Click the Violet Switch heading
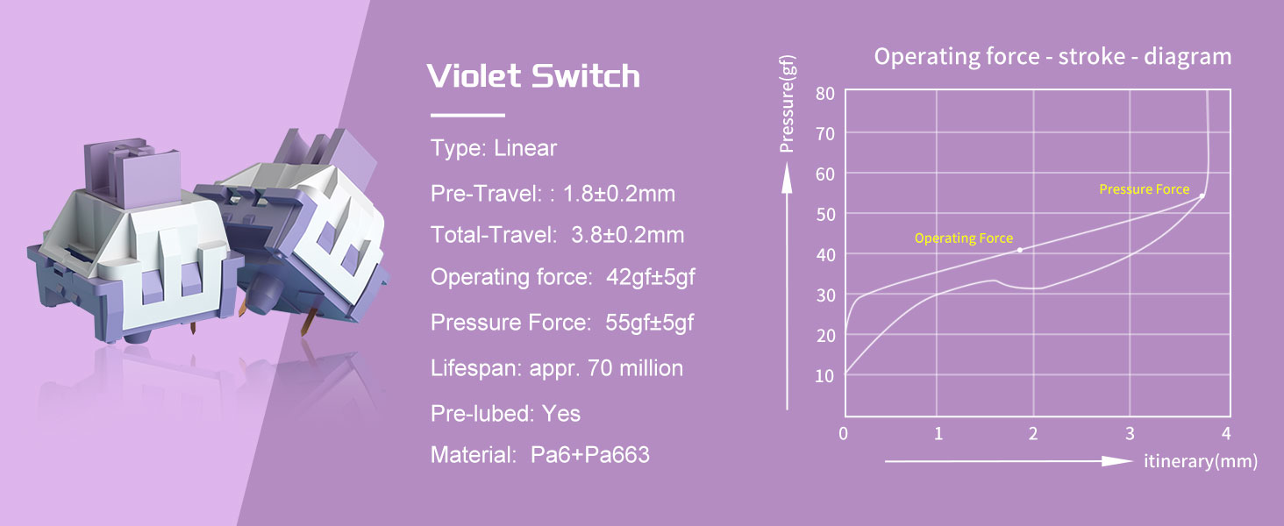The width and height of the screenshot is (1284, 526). click(533, 76)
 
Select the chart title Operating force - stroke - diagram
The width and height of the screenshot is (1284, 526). click(1052, 57)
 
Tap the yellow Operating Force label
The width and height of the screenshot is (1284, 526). click(963, 238)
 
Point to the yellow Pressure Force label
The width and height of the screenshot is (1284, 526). click(1144, 189)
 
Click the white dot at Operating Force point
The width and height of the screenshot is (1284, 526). click(1019, 250)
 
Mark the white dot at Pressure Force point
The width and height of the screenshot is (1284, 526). click(1202, 195)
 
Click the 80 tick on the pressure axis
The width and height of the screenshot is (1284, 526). click(824, 93)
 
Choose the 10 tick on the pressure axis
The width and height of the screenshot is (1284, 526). click(824, 376)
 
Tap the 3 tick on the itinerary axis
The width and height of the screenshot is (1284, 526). click(1130, 433)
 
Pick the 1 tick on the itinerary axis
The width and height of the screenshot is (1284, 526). click(938, 433)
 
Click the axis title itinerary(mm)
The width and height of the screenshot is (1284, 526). click(1200, 461)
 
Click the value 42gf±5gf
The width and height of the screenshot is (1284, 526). click(651, 278)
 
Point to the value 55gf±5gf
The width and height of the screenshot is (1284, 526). click(649, 323)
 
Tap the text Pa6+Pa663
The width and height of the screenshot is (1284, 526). click(590, 455)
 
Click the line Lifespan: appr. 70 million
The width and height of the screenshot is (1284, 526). click(556, 368)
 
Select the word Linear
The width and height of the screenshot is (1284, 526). click(525, 148)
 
